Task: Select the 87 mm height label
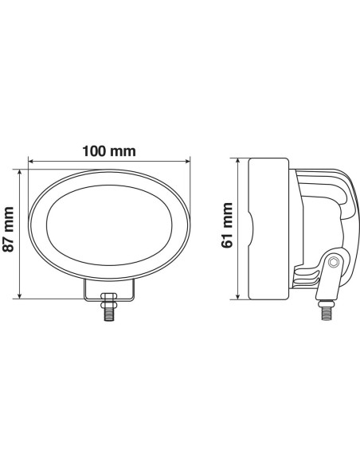[x=10, y=230]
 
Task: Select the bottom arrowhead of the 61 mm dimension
[x=240, y=298]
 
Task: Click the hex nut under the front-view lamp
[x=108, y=301]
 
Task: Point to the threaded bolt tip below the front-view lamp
[x=108, y=315]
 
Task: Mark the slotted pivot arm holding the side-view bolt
[x=327, y=279]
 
